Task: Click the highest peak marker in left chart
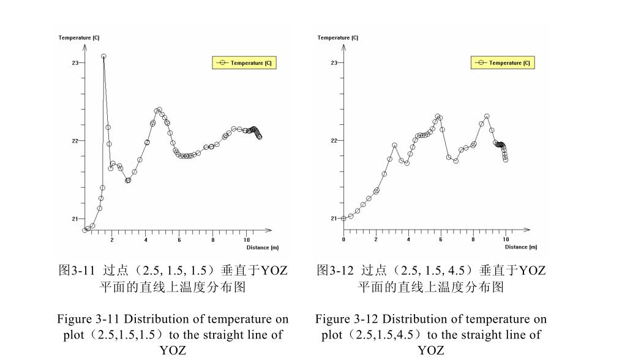tap(104, 56)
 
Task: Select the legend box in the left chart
tap(244, 62)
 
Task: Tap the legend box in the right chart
tap(503, 62)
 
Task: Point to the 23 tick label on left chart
tap(75, 63)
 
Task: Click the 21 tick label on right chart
tap(334, 219)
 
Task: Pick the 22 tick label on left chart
tap(75, 141)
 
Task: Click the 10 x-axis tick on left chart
tap(247, 240)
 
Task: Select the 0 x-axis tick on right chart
tap(344, 240)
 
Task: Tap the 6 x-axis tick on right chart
tap(441, 240)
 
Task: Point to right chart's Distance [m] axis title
tap(520, 247)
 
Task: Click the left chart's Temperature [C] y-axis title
tap(79, 38)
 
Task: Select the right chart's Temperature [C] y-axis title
tap(337, 38)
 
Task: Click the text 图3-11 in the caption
tap(75, 270)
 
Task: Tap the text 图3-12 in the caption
tap(334, 270)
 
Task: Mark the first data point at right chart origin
tap(344, 218)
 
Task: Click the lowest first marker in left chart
tap(85, 230)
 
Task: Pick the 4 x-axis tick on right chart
tap(408, 240)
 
